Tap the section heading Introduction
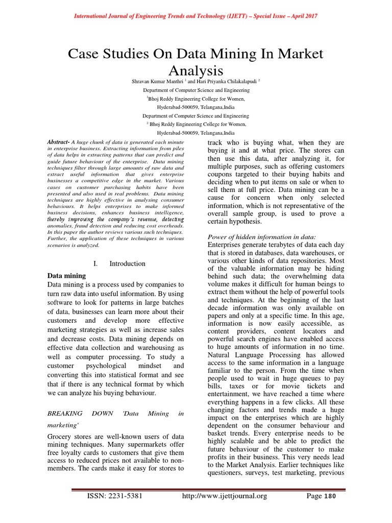coord(127,264)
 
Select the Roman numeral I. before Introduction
coord(96,264)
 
